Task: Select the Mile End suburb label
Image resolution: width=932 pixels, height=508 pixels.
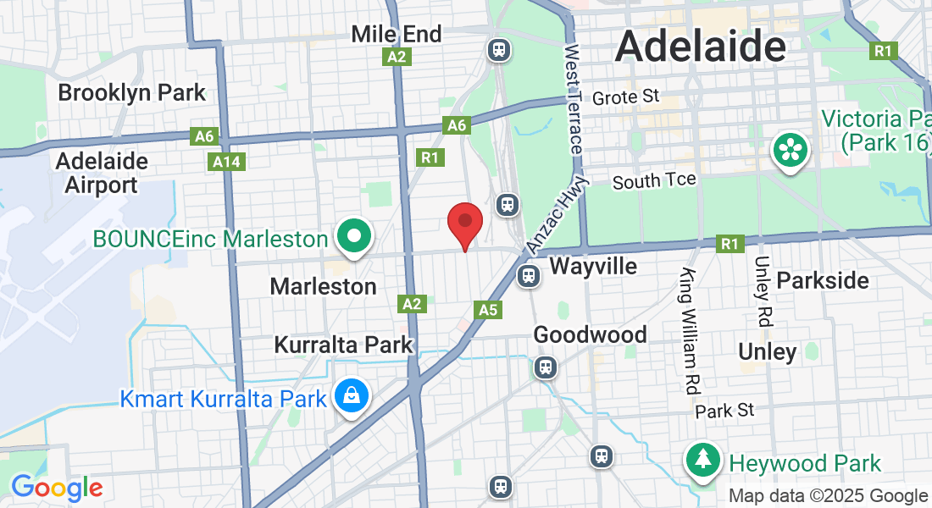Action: tap(397, 34)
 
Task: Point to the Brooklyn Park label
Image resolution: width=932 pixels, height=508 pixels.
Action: tap(131, 92)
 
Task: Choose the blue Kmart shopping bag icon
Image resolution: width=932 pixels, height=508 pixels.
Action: tap(350, 396)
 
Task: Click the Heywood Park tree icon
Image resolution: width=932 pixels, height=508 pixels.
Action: tap(703, 461)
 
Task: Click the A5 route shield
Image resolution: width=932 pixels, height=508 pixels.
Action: tap(488, 310)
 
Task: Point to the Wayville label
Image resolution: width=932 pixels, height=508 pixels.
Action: tap(593, 267)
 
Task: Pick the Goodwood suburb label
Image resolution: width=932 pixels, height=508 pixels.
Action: tap(590, 334)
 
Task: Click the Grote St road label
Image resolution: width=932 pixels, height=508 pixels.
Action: tap(625, 97)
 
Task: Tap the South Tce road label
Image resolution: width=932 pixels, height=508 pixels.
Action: tap(654, 180)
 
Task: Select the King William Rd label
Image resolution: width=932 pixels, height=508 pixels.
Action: tap(690, 330)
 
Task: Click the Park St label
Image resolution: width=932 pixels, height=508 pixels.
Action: tap(724, 411)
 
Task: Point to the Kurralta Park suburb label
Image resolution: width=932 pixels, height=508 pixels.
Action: tap(343, 345)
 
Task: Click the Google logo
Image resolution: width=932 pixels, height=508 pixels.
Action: tap(56, 489)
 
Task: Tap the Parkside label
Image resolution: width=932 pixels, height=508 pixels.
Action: tap(823, 280)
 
